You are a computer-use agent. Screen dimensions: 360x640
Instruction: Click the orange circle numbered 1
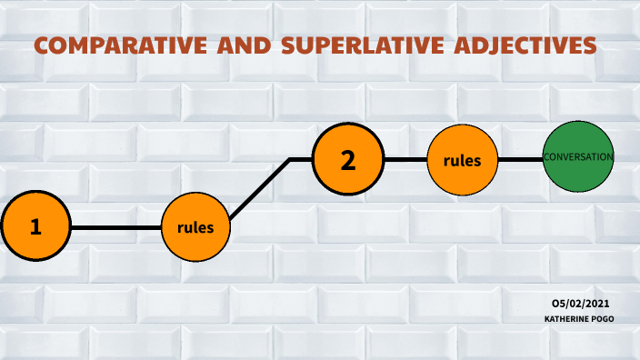click(x=35, y=227)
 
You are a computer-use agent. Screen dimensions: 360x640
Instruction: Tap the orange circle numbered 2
click(x=348, y=160)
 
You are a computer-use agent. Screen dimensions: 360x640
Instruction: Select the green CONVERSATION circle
click(x=578, y=158)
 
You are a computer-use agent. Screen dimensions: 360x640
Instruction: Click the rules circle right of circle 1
click(x=195, y=227)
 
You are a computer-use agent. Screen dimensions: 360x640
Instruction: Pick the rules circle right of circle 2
click(x=462, y=161)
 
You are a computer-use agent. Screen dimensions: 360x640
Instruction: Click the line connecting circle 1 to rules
click(x=115, y=227)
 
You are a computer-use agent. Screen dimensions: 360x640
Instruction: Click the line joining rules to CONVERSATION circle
click(x=519, y=160)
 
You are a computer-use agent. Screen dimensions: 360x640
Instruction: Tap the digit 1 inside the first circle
click(x=35, y=227)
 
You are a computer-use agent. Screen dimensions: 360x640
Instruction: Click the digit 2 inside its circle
click(x=348, y=160)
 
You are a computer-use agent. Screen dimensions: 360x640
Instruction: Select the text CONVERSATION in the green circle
click(x=578, y=157)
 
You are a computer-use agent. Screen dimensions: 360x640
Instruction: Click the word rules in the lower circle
click(x=195, y=227)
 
